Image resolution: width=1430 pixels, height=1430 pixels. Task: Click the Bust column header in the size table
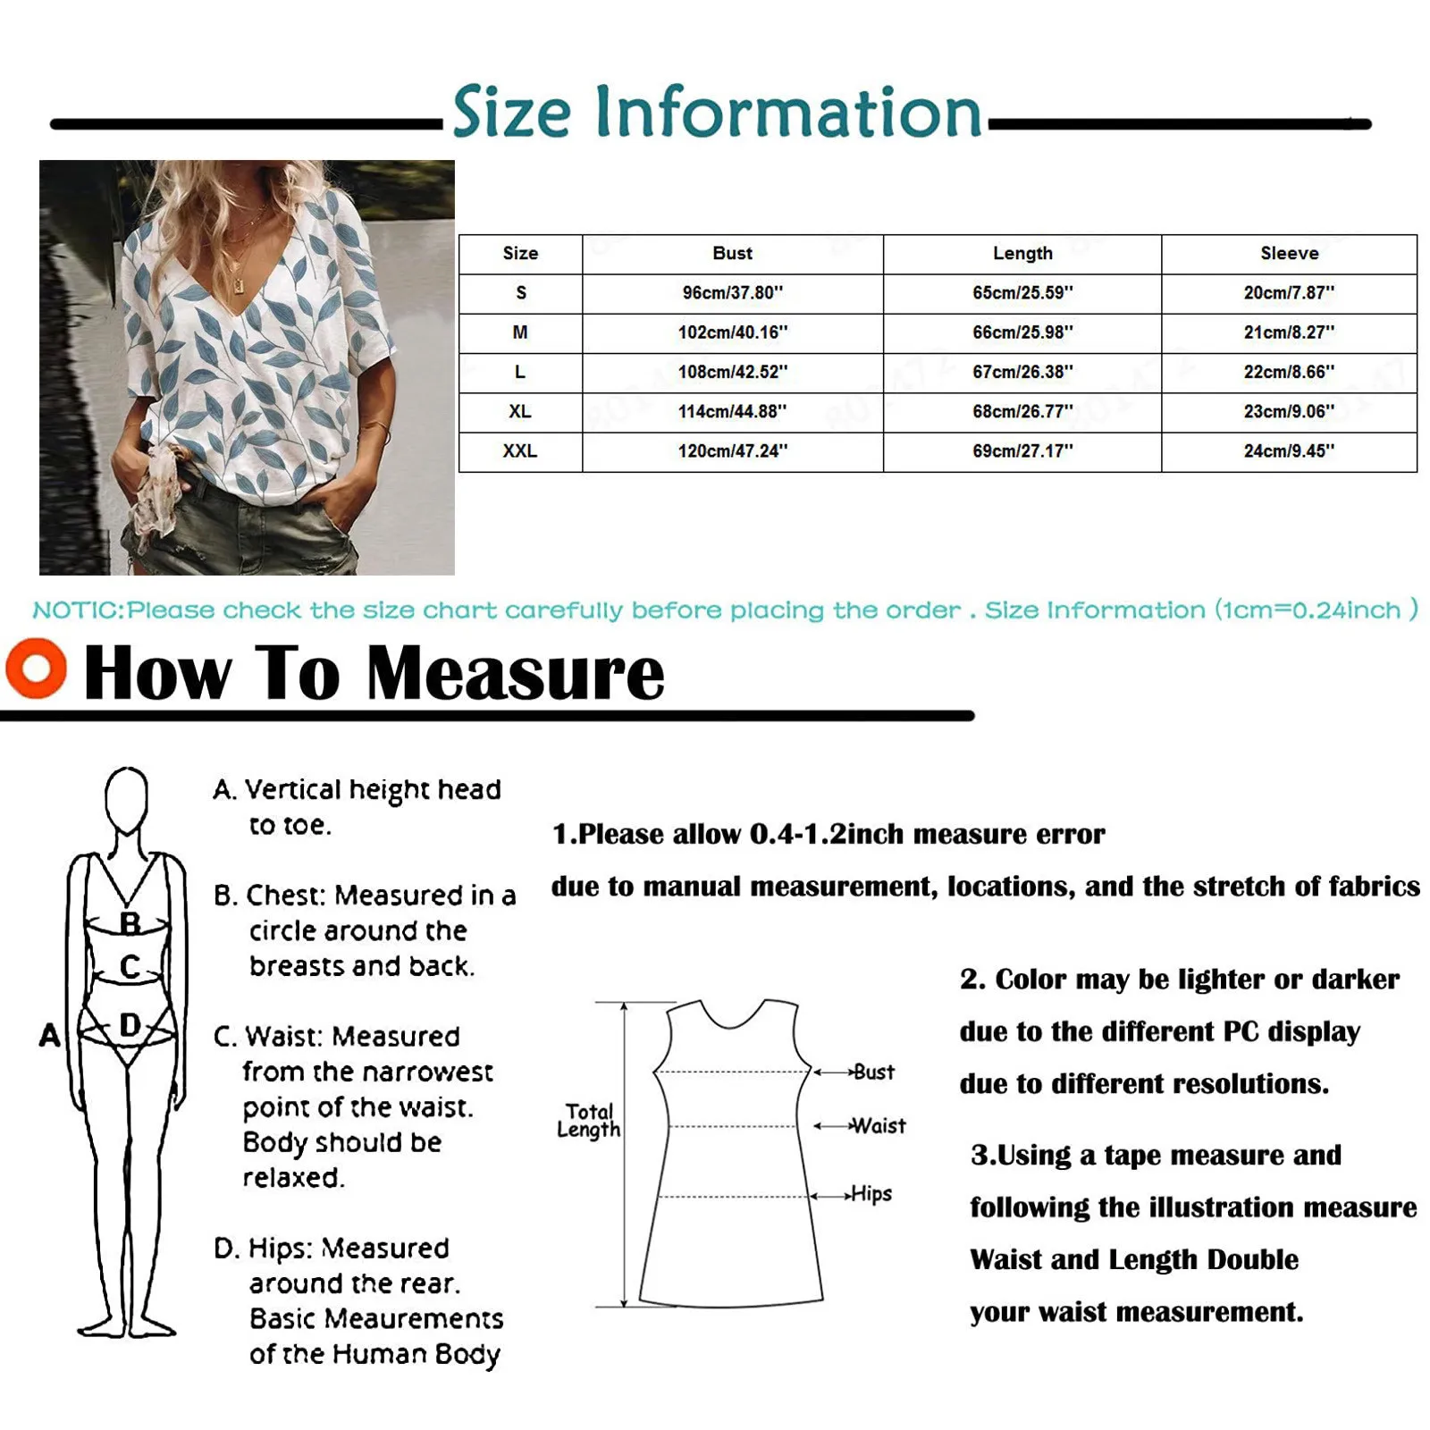[x=732, y=254]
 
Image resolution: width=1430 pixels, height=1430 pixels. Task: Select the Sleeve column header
[x=1289, y=254]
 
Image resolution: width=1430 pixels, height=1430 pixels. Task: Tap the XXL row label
[x=519, y=451]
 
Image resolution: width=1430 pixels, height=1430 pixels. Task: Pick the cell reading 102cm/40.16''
[x=732, y=332]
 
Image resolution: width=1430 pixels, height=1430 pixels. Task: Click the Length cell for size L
[x=1022, y=372]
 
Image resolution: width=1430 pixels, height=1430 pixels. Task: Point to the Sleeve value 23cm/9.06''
[x=1289, y=411]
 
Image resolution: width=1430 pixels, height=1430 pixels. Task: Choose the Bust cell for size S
[x=732, y=293]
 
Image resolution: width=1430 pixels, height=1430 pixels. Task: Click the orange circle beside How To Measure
[x=36, y=668]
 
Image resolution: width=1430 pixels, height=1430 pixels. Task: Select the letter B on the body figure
[x=130, y=923]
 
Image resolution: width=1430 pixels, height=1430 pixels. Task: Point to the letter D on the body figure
[x=130, y=1025]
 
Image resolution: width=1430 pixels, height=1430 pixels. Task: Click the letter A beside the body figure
[x=50, y=1035]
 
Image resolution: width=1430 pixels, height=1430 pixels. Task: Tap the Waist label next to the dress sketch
[x=879, y=1126]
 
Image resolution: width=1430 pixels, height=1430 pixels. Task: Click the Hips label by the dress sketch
[x=871, y=1193]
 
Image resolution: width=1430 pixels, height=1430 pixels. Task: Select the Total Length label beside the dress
[x=588, y=1121]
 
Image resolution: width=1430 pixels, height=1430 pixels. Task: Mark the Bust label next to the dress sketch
[x=873, y=1072]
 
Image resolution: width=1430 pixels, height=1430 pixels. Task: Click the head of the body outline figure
[x=126, y=798]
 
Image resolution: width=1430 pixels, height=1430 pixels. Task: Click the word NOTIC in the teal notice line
[x=78, y=610]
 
